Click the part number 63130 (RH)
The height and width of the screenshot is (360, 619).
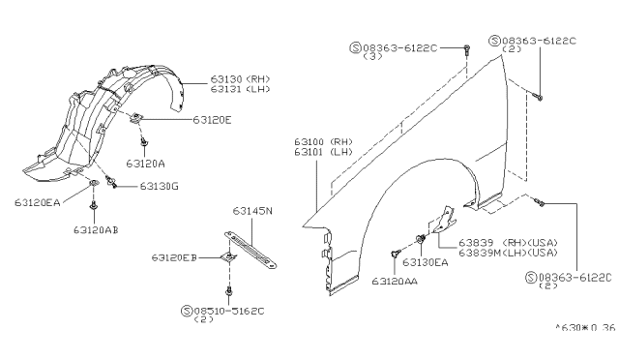(240, 79)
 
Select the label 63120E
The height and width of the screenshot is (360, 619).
(212, 120)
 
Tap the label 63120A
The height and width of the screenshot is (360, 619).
(146, 164)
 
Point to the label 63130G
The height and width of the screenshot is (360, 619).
(159, 186)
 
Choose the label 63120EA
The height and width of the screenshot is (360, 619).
(38, 202)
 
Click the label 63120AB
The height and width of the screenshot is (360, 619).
(96, 229)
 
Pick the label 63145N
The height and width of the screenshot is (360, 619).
(252, 211)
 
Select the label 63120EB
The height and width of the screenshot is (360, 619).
(174, 257)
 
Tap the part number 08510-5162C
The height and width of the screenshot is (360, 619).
(229, 311)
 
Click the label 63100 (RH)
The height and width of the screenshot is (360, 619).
(323, 142)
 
